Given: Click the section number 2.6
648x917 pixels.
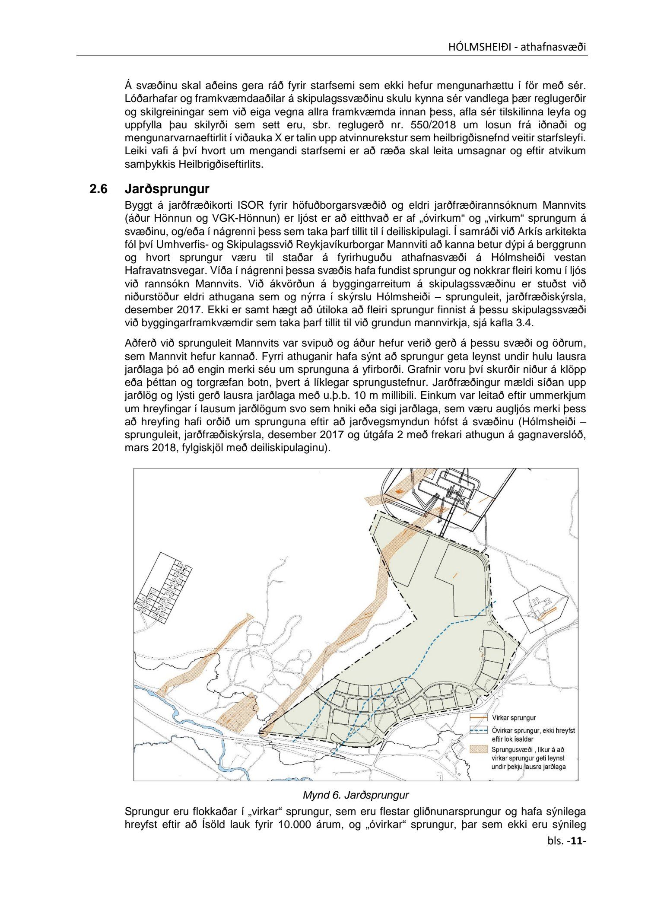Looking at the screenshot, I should click(x=98, y=189).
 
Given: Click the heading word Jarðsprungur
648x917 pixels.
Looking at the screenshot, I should click(x=167, y=189).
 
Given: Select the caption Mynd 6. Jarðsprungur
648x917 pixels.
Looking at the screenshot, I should click(x=356, y=795).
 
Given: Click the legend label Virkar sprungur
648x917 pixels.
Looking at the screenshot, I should click(x=514, y=718).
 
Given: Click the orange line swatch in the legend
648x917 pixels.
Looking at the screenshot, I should click(x=478, y=718).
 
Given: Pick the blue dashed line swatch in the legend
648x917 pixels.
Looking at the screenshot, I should click(x=478, y=731).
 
